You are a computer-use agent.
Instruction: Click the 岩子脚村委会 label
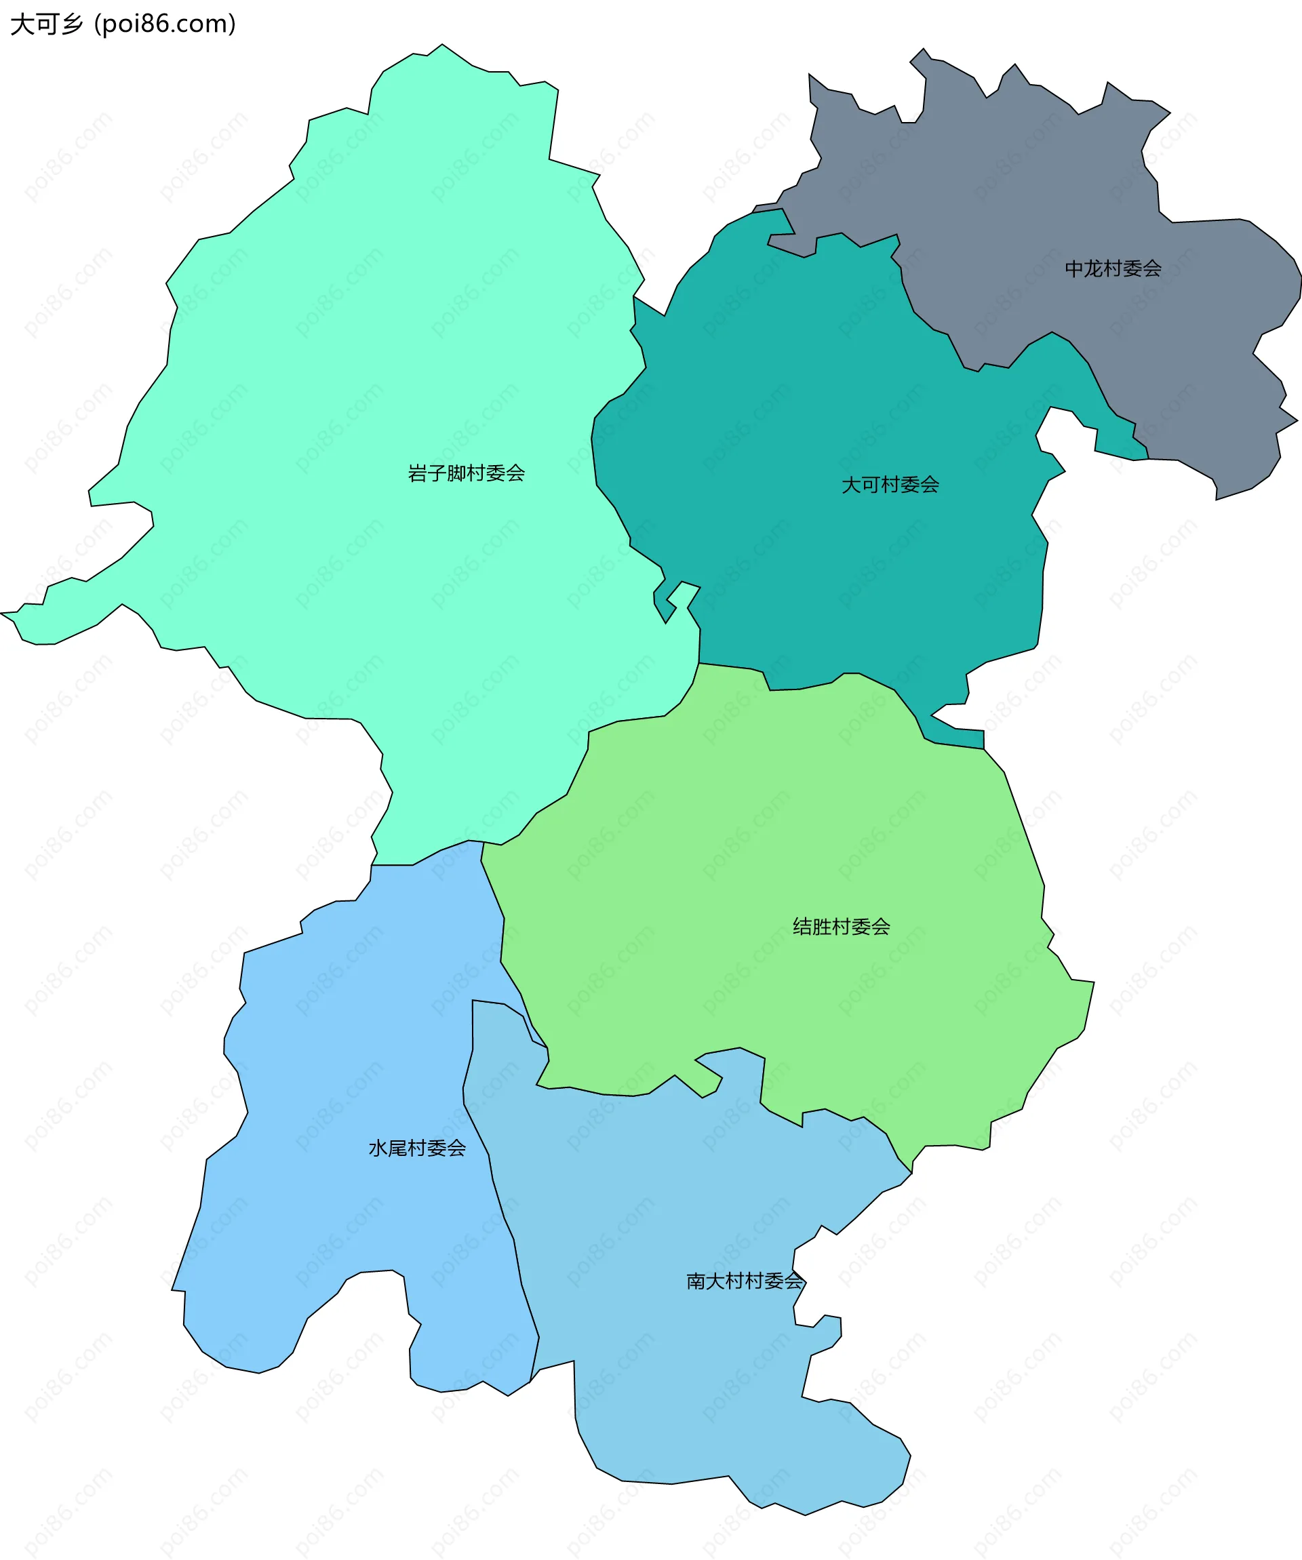point(466,473)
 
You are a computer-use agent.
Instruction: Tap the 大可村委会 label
point(890,485)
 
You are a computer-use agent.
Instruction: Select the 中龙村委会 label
point(1113,268)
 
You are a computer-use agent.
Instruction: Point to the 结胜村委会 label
point(842,926)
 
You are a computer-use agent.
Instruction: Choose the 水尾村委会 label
point(417,1148)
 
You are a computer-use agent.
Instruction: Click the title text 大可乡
point(46,24)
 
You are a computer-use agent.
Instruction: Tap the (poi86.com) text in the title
point(165,24)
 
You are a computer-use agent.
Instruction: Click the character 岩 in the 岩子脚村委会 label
point(418,473)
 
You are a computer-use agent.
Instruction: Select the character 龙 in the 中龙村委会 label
point(1093,268)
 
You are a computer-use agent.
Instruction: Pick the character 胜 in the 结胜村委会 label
point(822,926)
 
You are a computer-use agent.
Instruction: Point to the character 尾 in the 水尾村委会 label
point(397,1148)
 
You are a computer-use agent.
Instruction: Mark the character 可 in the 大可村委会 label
point(870,485)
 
